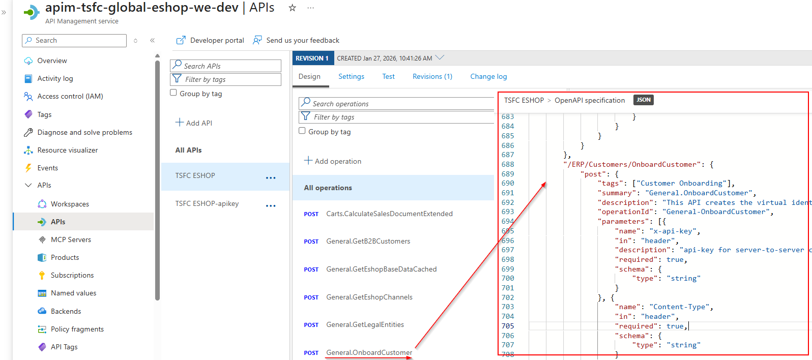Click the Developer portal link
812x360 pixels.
(x=210, y=40)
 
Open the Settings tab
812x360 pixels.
(x=351, y=76)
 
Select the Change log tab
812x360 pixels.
(x=488, y=76)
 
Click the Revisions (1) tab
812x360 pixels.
(x=432, y=76)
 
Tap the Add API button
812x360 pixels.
(x=194, y=123)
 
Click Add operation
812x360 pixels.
(x=333, y=161)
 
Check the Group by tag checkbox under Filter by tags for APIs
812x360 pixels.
(x=173, y=93)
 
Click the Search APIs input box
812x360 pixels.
(x=225, y=66)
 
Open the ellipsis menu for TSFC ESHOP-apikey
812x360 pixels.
(x=271, y=206)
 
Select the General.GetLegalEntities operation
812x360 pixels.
(x=365, y=324)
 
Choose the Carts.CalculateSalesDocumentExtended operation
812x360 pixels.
(x=389, y=214)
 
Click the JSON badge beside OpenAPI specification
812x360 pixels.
(x=644, y=100)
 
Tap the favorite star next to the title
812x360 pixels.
(x=292, y=8)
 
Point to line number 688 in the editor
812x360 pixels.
(x=508, y=164)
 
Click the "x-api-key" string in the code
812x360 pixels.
(x=673, y=231)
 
